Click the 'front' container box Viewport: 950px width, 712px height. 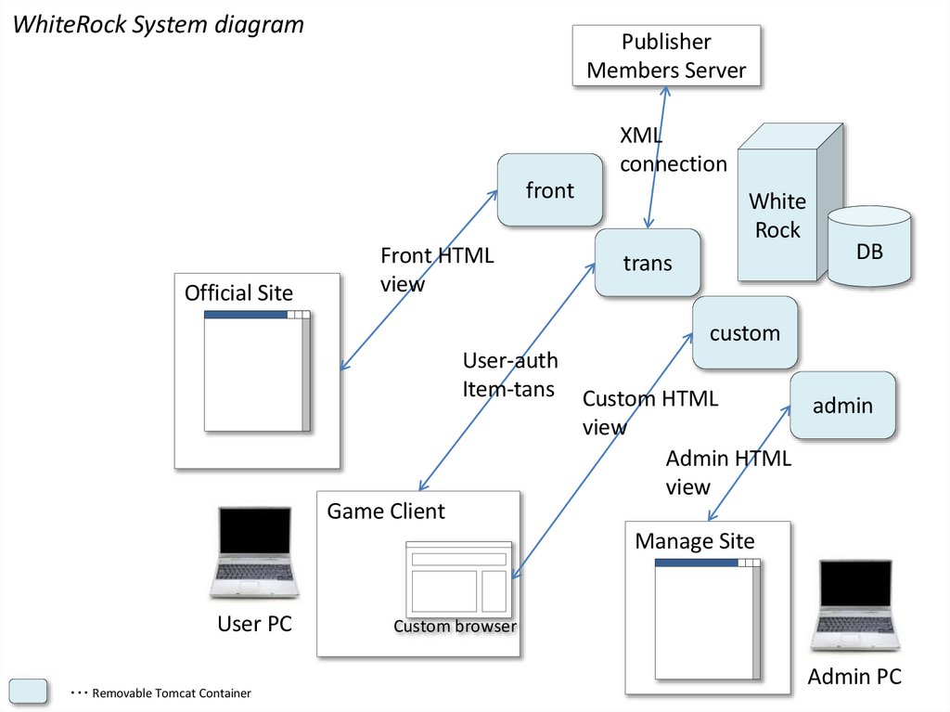[550, 190]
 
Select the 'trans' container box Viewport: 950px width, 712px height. [648, 264]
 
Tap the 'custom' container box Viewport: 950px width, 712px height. [745, 332]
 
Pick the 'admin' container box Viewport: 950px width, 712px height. [842, 406]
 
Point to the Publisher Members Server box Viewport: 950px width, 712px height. [666, 56]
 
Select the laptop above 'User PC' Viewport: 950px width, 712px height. [254, 553]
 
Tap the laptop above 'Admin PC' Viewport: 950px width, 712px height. [854, 605]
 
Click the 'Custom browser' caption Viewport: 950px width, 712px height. [455, 627]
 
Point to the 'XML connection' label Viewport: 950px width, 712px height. [673, 150]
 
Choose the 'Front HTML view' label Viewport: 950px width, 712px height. [437, 270]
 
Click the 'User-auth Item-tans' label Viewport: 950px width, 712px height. [510, 375]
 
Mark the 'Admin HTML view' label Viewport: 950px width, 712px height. [728, 473]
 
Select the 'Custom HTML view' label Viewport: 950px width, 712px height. [649, 413]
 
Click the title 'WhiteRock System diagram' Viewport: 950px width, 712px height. [158, 24]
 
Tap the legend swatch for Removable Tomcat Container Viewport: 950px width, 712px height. [29, 692]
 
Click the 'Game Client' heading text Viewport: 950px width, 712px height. [386, 511]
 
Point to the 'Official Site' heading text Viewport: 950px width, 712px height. [238, 293]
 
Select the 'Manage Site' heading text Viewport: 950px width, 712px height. [695, 541]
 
